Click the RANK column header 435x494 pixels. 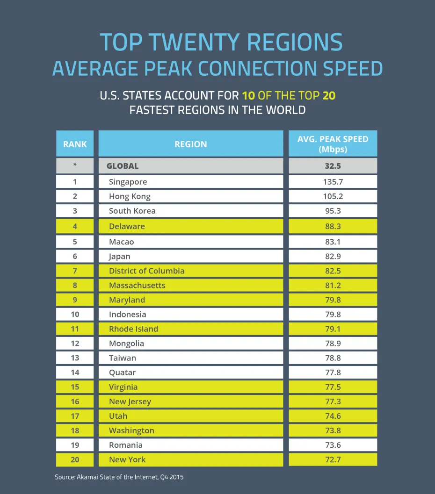pyautogui.click(x=75, y=144)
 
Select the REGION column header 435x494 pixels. pyautogui.click(x=190, y=144)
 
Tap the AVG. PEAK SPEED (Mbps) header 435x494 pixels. pyautogui.click(x=333, y=144)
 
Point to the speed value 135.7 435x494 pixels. pyautogui.click(x=333, y=182)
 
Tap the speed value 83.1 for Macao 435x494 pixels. pyautogui.click(x=333, y=242)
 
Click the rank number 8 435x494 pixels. pyautogui.click(x=75, y=285)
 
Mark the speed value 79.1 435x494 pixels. pyautogui.click(x=333, y=329)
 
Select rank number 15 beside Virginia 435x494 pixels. pyautogui.click(x=75, y=387)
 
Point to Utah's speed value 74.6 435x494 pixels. pyautogui.click(x=333, y=416)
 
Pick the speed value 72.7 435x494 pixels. pyautogui.click(x=333, y=459)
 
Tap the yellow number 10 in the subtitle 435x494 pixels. pyautogui.click(x=248, y=96)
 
